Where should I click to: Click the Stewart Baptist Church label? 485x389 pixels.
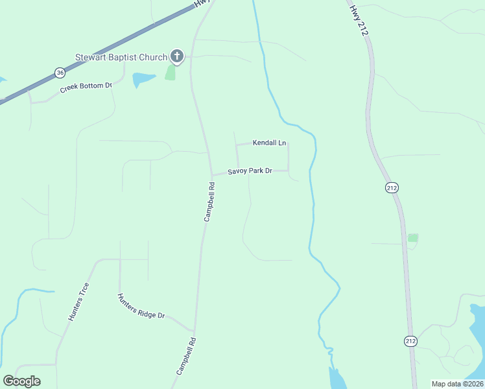coord(121,57)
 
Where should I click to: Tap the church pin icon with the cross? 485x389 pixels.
coord(176,56)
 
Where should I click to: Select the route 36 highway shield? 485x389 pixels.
coord(60,72)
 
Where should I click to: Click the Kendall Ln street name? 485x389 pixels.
coord(269,143)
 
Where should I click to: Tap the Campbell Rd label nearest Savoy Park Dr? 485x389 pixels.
coord(209,202)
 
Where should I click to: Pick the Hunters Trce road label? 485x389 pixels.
coord(78,302)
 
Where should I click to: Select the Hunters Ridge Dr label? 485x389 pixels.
coord(141,306)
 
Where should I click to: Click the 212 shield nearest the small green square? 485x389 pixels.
coord(391,187)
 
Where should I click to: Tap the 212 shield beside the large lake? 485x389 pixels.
coord(410,342)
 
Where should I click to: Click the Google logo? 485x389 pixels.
coord(22,381)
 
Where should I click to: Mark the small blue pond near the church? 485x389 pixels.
coord(143,80)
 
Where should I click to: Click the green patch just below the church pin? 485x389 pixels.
coord(171,72)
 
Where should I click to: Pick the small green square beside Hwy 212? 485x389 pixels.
coord(413,238)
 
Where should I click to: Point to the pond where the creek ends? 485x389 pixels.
coord(337,378)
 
